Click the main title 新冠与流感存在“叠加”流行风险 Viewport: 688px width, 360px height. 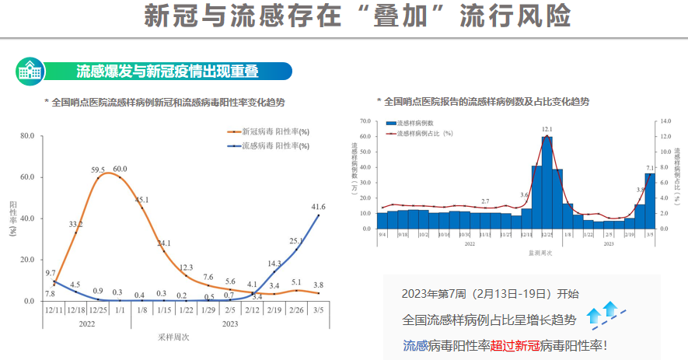click(358, 16)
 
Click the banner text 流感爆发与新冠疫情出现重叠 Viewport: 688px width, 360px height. click(167, 72)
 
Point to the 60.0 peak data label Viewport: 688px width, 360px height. click(120, 169)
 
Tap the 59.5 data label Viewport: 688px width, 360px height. click(98, 170)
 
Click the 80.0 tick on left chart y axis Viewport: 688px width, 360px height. click(26, 136)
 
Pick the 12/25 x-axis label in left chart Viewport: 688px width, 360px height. click(98, 310)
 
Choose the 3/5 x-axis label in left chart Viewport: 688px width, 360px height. click(318, 310)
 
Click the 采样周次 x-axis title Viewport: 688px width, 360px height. click(175, 337)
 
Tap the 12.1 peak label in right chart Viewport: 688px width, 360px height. click(547, 129)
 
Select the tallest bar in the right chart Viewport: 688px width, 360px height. click(547, 183)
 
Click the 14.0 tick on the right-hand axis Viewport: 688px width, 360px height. click(665, 122)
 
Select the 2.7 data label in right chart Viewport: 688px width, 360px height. click(485, 201)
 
